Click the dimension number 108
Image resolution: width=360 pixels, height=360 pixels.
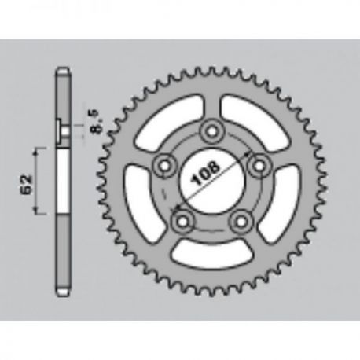[x=206, y=173]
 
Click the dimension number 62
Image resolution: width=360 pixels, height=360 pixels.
[x=27, y=184]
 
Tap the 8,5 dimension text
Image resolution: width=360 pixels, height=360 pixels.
[x=94, y=122]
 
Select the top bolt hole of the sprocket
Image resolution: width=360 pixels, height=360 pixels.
[x=211, y=130]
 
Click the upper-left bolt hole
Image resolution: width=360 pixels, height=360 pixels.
[x=164, y=166]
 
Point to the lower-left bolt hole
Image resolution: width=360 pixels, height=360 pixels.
[x=182, y=222]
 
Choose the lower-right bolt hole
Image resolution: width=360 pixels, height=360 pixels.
[x=241, y=222]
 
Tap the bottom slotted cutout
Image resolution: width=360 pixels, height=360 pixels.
[x=211, y=254]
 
